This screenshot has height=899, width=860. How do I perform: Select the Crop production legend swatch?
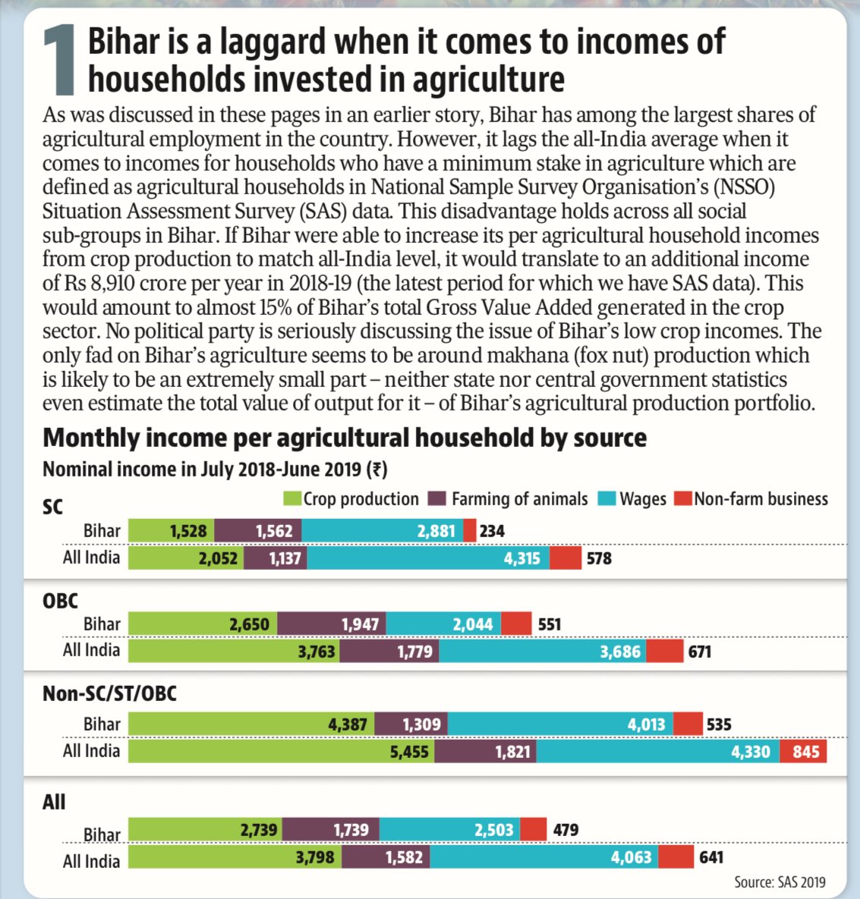tap(292, 498)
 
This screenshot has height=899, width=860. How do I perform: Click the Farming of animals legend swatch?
tap(438, 498)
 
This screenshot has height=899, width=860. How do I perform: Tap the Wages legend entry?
tap(632, 498)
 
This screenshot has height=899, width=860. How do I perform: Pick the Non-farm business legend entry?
tap(751, 498)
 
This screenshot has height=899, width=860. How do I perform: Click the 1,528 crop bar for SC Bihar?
tap(172, 531)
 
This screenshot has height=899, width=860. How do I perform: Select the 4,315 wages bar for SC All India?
tap(428, 558)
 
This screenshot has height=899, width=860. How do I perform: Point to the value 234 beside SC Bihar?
tap(492, 531)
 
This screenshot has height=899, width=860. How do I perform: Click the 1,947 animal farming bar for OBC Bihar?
tap(332, 624)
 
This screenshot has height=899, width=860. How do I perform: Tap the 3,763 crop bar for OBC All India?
tap(234, 651)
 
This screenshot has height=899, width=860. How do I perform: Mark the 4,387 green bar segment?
tap(251, 725)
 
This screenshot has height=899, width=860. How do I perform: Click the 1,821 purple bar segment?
tap(485, 752)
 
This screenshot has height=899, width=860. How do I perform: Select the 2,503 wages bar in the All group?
tap(449, 830)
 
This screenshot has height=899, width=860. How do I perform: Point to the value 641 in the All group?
tap(710, 857)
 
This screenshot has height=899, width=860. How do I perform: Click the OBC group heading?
tap(61, 601)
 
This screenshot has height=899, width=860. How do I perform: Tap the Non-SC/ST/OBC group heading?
tap(109, 693)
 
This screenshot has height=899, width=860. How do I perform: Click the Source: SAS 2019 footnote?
tap(780, 882)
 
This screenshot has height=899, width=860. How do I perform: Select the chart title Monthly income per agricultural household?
tap(345, 438)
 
